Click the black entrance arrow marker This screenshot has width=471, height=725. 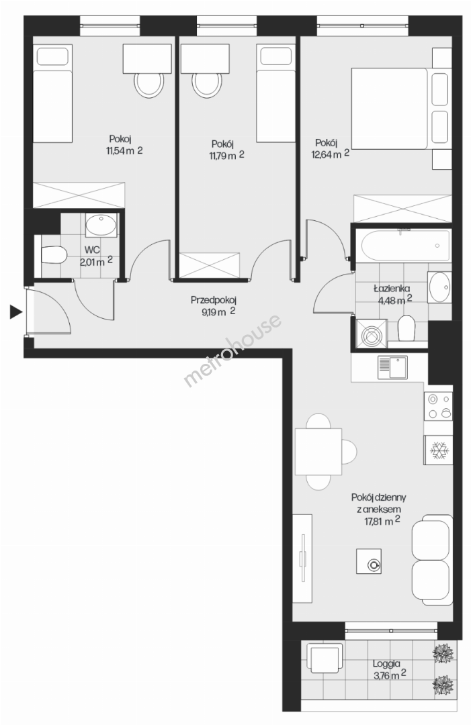(x=15, y=313)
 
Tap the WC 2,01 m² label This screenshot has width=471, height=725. (x=96, y=256)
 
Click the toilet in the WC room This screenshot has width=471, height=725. (x=54, y=254)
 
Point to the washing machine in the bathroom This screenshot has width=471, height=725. (x=370, y=333)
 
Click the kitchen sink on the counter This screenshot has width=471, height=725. (x=392, y=367)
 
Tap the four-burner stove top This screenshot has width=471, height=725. (x=438, y=406)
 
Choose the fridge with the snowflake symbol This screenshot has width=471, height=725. (x=437, y=449)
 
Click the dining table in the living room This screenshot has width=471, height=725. (x=318, y=452)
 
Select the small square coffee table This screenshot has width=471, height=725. (x=369, y=561)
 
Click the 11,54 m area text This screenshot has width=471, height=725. (x=124, y=150)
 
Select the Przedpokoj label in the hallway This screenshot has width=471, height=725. (x=213, y=300)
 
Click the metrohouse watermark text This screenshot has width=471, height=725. (x=232, y=350)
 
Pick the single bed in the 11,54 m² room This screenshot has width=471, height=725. (x=52, y=94)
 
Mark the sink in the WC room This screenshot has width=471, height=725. (x=101, y=226)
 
